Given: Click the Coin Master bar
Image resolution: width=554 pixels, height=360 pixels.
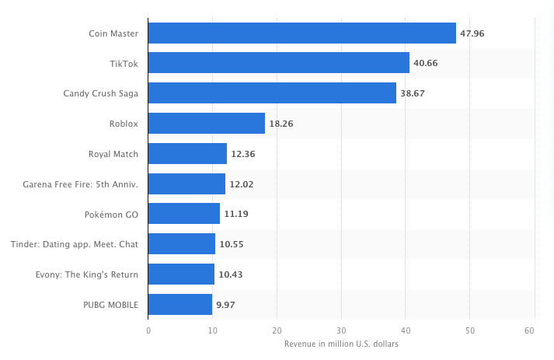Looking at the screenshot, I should pos(301,33).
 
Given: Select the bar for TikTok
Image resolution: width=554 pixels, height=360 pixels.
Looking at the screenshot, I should pos(278,63).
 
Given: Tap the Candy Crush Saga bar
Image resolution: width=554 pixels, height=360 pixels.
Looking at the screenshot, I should pos(272,93).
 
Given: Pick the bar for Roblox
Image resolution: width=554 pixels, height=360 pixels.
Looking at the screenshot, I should pos(206,124).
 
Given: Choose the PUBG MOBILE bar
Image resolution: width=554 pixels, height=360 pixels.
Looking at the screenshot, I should pos(179,305).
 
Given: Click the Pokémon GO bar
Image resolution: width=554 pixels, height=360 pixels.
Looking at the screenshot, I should pos(183,214).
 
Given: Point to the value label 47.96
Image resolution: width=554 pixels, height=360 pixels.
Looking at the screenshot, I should pos(472,33).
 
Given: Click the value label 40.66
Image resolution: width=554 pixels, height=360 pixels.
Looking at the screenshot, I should pos(426,63).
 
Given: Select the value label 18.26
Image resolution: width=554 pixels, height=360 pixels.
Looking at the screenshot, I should pos(281,124).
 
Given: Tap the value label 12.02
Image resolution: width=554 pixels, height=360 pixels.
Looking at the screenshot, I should pos(241,184).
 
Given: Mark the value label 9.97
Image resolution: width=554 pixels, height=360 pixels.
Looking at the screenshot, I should pos(225,305).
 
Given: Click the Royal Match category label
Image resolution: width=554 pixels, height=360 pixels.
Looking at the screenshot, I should pos(113,154).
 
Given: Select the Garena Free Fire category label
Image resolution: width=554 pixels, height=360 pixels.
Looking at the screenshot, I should pos(82,184).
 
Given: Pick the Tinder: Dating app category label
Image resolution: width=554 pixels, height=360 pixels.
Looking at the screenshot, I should pos(75,244).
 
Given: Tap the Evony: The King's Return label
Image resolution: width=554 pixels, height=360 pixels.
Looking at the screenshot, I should pos(87,274).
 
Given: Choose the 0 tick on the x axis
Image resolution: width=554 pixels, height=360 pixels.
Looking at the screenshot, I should pos(148,330).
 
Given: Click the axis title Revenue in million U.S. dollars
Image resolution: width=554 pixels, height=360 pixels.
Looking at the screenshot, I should pos(341,344).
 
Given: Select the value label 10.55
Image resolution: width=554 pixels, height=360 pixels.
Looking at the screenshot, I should pos(232,244).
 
